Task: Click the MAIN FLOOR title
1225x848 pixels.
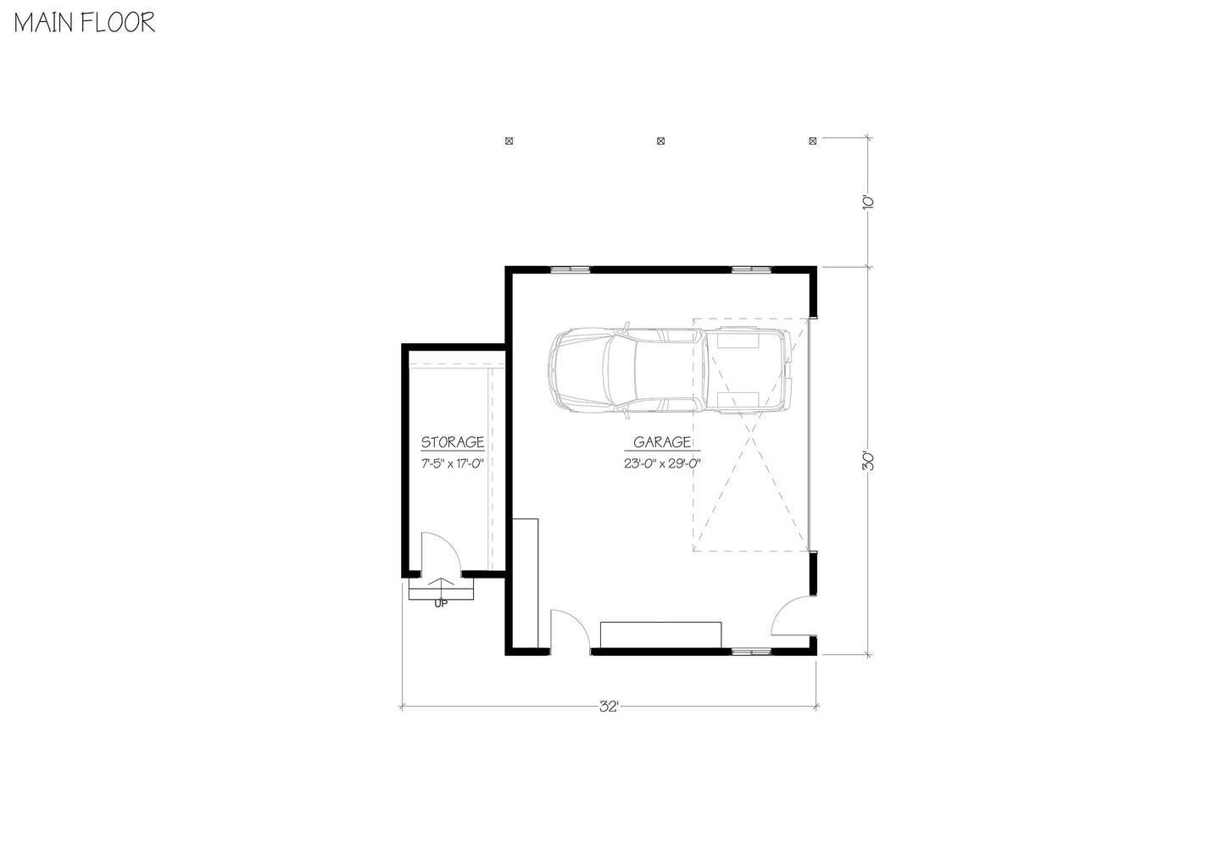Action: pyautogui.click(x=83, y=23)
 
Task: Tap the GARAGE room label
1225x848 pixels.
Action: pyautogui.click(x=662, y=442)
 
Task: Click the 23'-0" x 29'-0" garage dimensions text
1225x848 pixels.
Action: pyautogui.click(x=661, y=463)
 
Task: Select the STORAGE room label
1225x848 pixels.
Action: pyautogui.click(x=453, y=442)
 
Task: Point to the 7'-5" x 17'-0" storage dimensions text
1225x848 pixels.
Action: pyautogui.click(x=453, y=463)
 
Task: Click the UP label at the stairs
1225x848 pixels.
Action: pyautogui.click(x=441, y=604)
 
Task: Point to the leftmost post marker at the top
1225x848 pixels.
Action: pyautogui.click(x=509, y=141)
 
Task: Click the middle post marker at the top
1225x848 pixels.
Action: pyautogui.click(x=661, y=141)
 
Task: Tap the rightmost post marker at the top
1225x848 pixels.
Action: pyautogui.click(x=813, y=141)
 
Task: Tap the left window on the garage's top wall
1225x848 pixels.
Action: pyautogui.click(x=569, y=269)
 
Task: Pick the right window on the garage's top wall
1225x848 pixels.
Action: pyautogui.click(x=753, y=269)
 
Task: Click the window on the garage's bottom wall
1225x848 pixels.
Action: pyautogui.click(x=751, y=651)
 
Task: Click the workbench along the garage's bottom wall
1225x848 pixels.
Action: pyautogui.click(x=661, y=634)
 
